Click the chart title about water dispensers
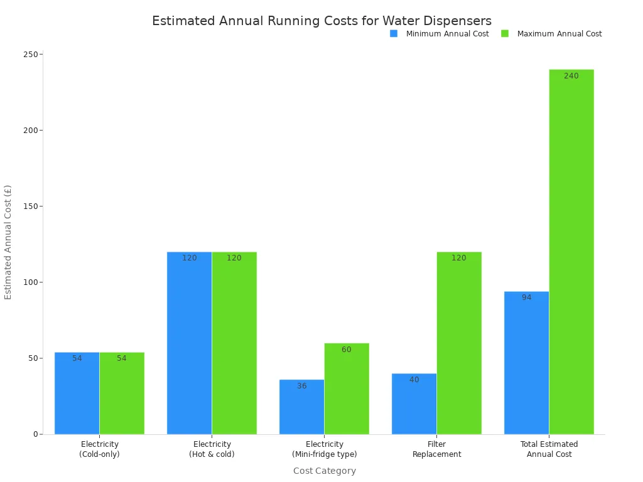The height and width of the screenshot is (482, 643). pos(321,21)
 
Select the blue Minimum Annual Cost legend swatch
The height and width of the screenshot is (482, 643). pos(394,33)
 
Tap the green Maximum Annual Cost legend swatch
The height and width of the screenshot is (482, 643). pos(505,33)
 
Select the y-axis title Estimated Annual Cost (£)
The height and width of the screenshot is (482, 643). pos(8,242)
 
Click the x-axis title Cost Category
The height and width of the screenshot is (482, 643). pos(324,471)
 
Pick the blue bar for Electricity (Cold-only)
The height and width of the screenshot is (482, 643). pos(77,394)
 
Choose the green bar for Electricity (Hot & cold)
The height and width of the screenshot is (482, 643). pos(234,343)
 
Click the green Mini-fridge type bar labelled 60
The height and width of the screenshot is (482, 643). pos(347,388)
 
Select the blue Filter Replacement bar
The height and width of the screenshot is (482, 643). pos(414,404)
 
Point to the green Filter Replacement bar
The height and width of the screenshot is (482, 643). pos(459,343)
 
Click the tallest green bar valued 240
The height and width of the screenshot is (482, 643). pos(571,252)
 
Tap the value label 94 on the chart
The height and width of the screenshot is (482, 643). pos(526,297)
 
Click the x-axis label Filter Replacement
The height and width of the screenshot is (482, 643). pos(436,449)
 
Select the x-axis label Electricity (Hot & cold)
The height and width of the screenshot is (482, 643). pos(212,449)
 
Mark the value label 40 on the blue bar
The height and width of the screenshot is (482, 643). pos(414,380)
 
